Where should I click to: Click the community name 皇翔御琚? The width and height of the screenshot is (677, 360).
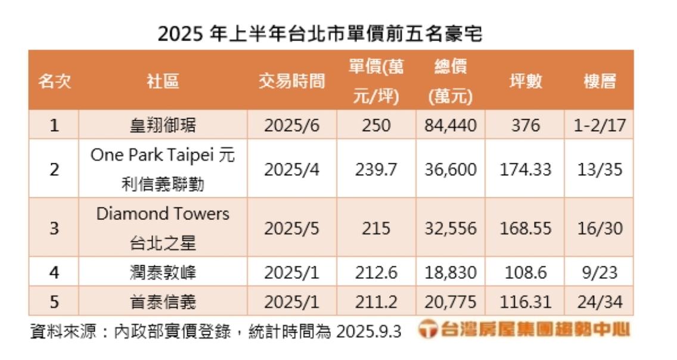(x=163, y=125)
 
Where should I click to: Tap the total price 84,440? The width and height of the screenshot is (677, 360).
(x=451, y=125)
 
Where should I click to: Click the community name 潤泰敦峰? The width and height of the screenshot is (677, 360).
(x=163, y=272)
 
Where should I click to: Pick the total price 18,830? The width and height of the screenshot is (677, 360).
(x=451, y=272)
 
